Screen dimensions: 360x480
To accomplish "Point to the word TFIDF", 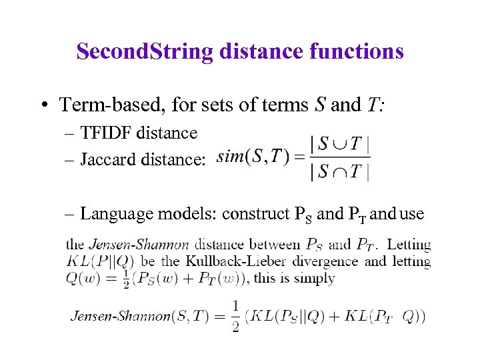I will pos(106,133).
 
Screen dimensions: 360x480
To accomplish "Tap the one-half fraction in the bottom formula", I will pos(235,316).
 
